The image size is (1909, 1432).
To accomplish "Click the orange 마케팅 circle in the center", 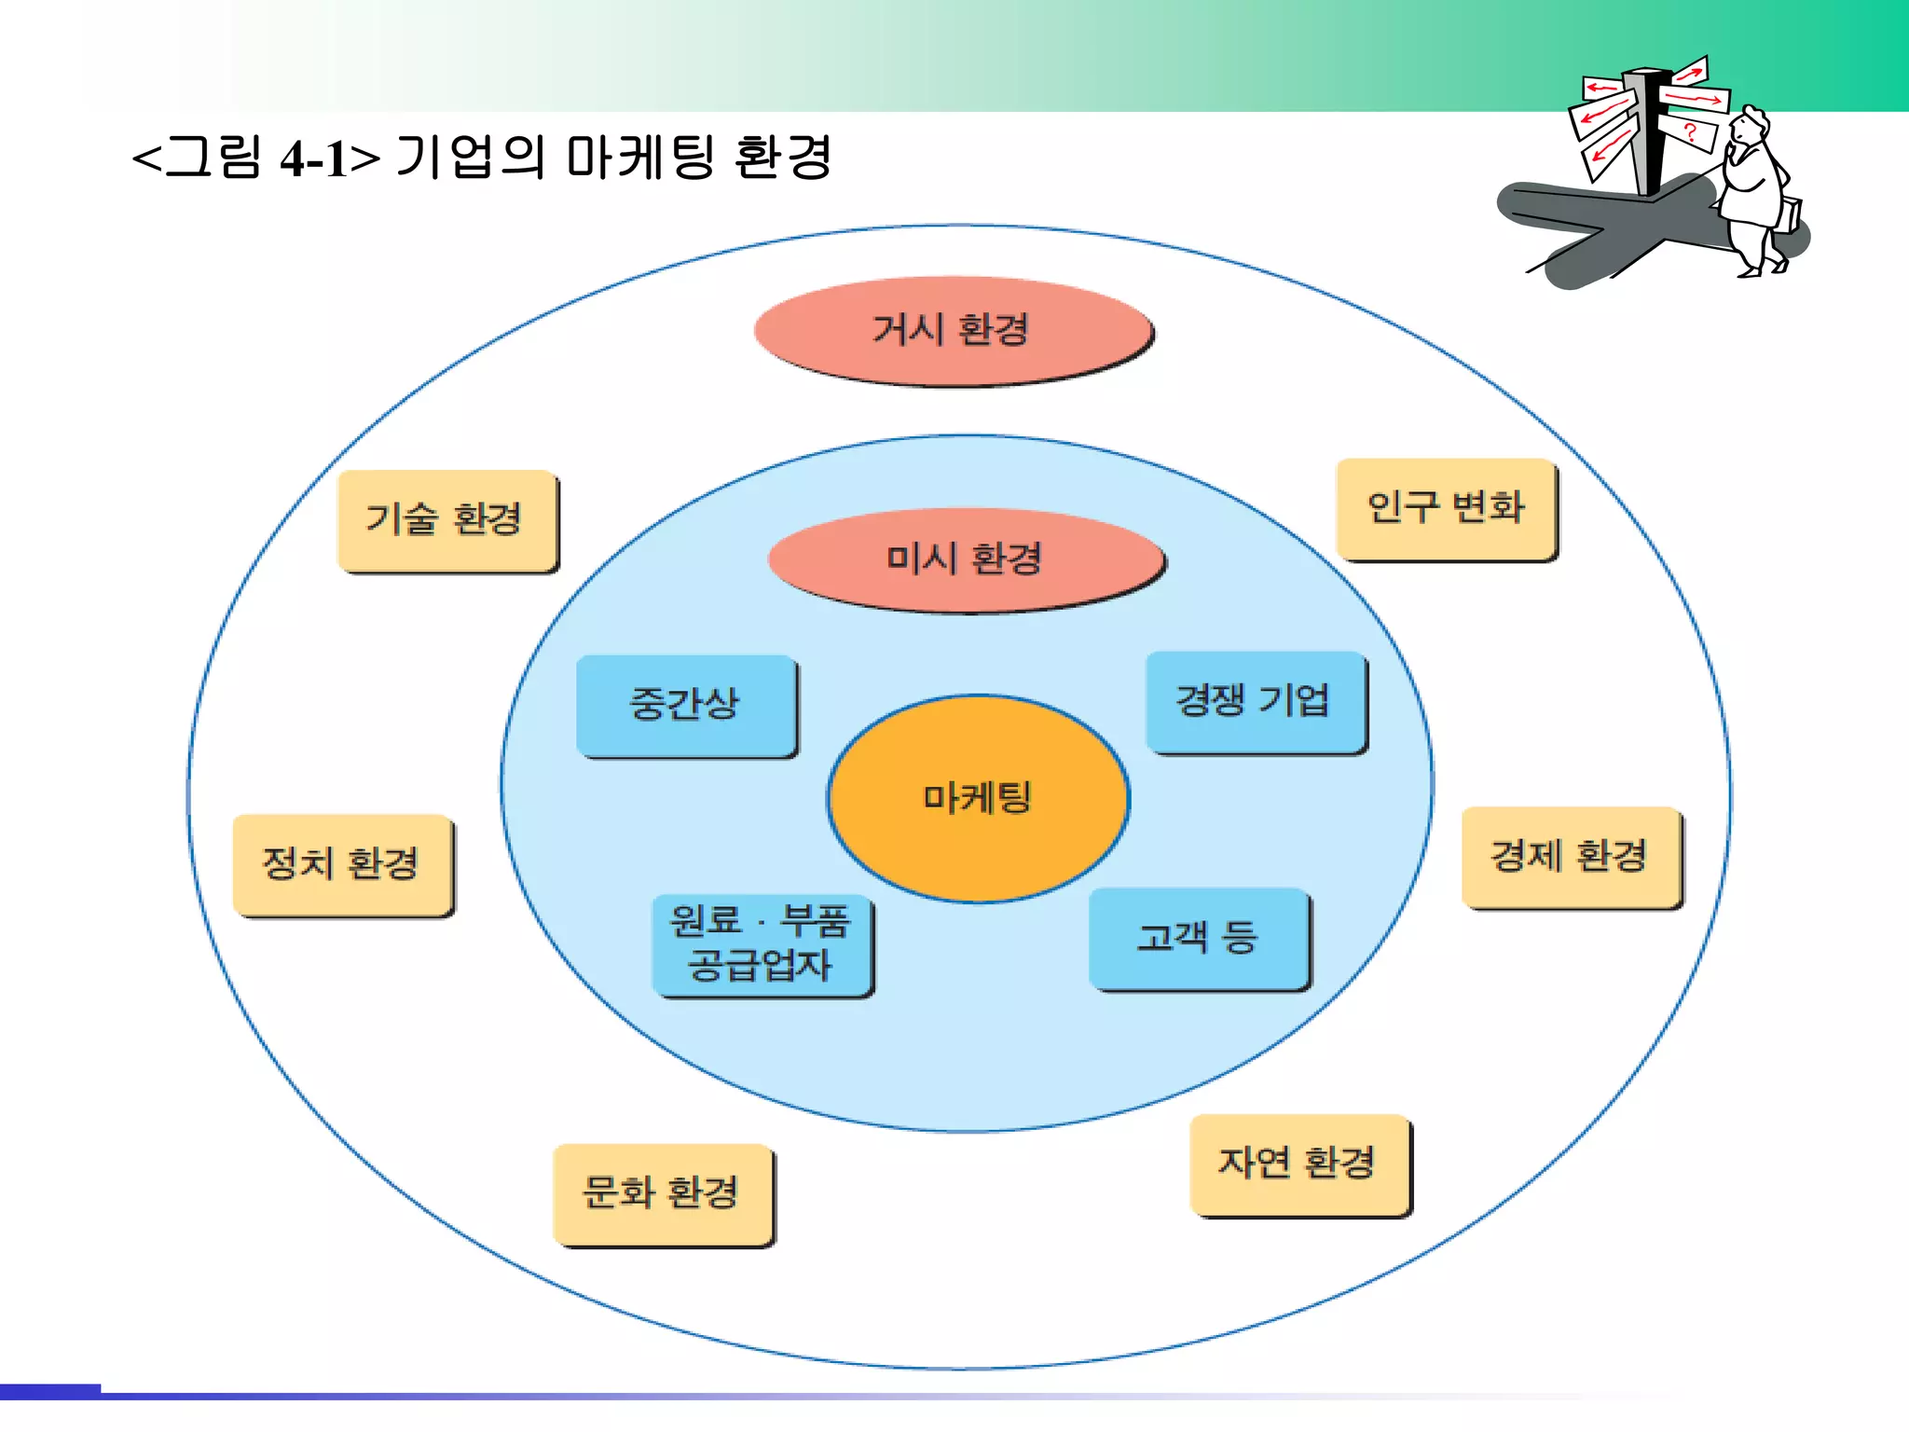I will coord(978,798).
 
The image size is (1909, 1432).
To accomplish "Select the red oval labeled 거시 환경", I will coord(953,330).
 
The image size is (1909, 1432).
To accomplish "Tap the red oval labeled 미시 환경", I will coord(966,559).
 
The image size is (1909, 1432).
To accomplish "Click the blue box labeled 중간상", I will coord(686,705).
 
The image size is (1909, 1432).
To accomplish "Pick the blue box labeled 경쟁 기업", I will coord(1255,701).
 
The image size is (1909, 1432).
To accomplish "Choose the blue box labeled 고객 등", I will coord(1199,938).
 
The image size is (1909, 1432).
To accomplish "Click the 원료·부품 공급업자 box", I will coord(762,944).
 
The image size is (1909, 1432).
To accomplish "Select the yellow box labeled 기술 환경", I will coord(446,520).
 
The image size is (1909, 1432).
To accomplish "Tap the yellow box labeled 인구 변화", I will coord(1446,509).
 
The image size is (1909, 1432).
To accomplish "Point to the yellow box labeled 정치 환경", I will coord(342,864).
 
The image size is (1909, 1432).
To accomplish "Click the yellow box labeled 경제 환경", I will coord(1571,857).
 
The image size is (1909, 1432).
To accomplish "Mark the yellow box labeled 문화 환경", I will coord(663,1193).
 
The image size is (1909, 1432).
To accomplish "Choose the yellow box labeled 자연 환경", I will coord(1299,1163).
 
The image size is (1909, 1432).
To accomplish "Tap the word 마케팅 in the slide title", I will coord(640,157).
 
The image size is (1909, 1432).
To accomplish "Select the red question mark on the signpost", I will coord(1689,133).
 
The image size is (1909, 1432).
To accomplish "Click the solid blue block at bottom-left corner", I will coord(49,1391).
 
